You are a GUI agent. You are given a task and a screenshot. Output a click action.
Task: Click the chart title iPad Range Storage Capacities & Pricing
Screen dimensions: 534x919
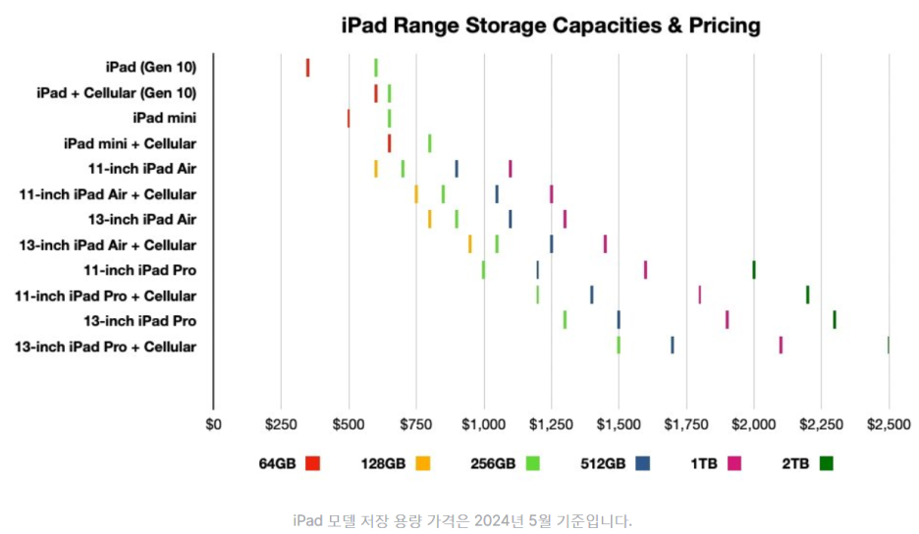(550, 25)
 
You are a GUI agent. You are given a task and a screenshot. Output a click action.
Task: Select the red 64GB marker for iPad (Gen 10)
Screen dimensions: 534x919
(307, 68)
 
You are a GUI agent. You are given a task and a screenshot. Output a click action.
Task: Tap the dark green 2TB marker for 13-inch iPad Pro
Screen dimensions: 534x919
(835, 320)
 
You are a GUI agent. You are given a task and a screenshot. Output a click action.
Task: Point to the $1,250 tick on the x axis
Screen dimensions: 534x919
(551, 424)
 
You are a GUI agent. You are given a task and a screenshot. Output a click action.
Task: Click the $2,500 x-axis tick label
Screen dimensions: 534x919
(889, 424)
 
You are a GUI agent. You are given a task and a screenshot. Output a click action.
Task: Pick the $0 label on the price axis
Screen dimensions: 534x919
(213, 424)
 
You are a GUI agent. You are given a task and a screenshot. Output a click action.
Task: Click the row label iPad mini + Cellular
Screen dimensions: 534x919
(130, 143)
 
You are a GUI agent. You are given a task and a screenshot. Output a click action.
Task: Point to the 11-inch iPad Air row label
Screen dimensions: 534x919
(141, 169)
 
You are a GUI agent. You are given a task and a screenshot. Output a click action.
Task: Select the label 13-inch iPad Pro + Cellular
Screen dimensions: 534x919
(106, 347)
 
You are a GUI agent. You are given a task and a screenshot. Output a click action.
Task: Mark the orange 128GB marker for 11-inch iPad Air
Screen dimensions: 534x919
(375, 169)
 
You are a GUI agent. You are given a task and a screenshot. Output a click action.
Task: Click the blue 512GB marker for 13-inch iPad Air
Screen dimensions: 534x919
(511, 219)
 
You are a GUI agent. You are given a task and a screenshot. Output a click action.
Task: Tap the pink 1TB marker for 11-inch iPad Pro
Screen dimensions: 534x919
(645, 270)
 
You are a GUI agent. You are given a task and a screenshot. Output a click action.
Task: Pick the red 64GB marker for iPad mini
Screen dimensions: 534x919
(349, 119)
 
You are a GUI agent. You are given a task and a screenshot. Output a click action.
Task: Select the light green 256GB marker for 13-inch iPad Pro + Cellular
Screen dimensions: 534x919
(619, 346)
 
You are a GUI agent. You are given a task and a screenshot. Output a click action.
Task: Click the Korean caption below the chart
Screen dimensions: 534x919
(461, 520)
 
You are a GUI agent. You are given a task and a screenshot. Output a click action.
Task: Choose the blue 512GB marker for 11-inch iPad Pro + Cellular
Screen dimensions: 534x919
(591, 294)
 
